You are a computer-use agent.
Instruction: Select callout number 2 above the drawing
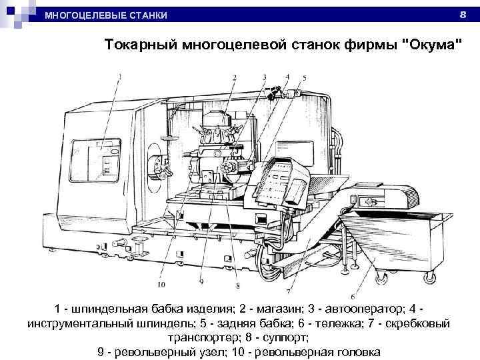[234, 77]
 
